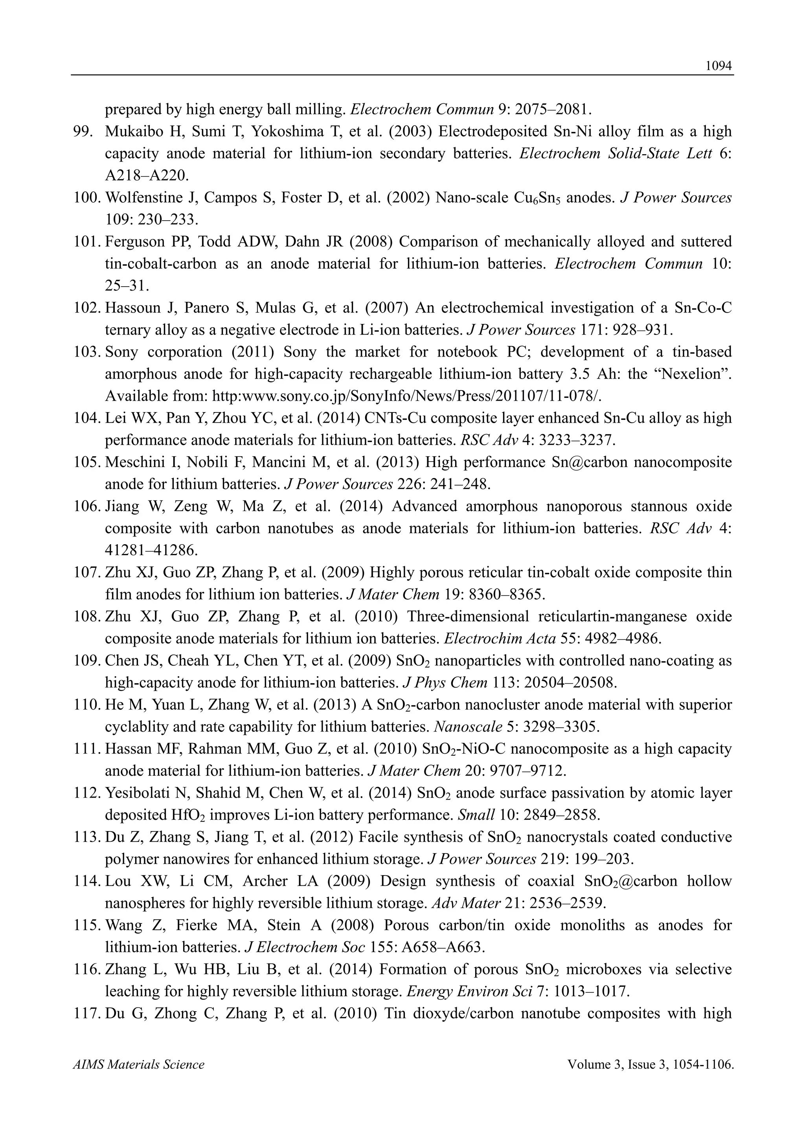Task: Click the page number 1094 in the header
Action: [719, 66]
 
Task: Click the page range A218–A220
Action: [147, 176]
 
